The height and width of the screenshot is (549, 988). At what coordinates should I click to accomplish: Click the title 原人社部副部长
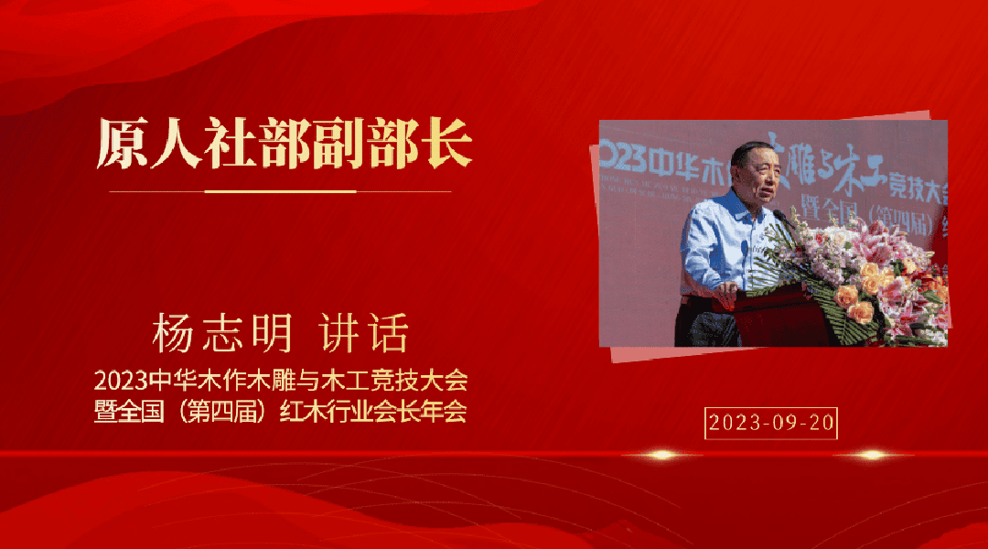pyautogui.click(x=285, y=144)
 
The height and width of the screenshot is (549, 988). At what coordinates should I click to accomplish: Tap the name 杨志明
pyautogui.click(x=221, y=333)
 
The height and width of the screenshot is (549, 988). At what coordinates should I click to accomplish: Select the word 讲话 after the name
pyautogui.click(x=363, y=333)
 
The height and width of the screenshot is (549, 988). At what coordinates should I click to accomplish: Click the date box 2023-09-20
pyautogui.click(x=770, y=423)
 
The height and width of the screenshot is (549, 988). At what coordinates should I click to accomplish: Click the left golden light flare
pyautogui.click(x=661, y=455)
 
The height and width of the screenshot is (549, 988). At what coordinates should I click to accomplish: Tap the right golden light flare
pyautogui.click(x=873, y=455)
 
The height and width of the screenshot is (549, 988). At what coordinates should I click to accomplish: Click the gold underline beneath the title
pyautogui.click(x=281, y=191)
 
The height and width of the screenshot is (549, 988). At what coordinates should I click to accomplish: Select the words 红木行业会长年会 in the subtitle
pyautogui.click(x=373, y=412)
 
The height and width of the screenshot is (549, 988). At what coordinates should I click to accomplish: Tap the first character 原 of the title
pyautogui.click(x=123, y=144)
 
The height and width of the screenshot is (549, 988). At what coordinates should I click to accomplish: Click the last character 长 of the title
pyautogui.click(x=446, y=144)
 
